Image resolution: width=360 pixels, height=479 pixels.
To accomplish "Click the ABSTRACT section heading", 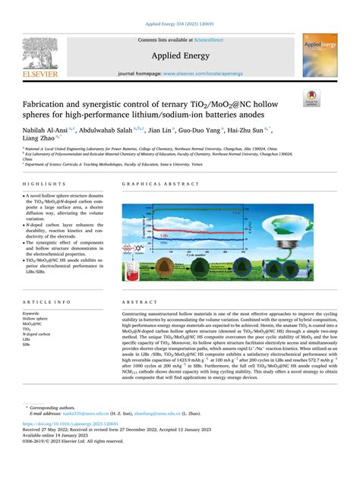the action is (138, 280).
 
